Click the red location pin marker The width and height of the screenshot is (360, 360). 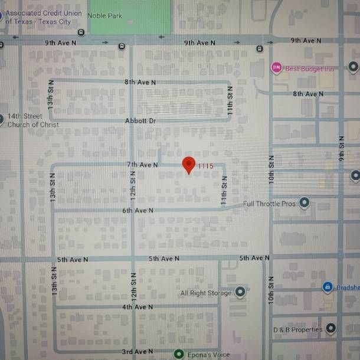tap(189, 164)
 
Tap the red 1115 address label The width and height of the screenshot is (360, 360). tap(205, 166)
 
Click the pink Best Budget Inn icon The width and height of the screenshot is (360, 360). tap(276, 68)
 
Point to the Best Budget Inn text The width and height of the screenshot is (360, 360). tap(310, 68)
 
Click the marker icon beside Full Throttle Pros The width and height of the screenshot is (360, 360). tap(305, 203)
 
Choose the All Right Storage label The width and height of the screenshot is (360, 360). tap(206, 293)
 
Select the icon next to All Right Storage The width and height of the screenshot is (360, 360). tap(240, 292)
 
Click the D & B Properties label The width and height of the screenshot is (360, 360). tap(297, 329)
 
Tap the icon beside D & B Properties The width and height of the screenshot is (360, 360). tap(331, 328)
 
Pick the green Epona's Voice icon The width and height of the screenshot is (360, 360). tap(179, 354)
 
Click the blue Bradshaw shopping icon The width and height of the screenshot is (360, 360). tap(328, 287)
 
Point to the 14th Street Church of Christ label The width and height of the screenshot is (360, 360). tap(33, 120)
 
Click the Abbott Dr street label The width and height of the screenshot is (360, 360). tap(140, 120)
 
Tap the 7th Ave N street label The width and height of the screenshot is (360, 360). tap(142, 165)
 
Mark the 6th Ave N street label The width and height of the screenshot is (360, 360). tap(138, 210)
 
